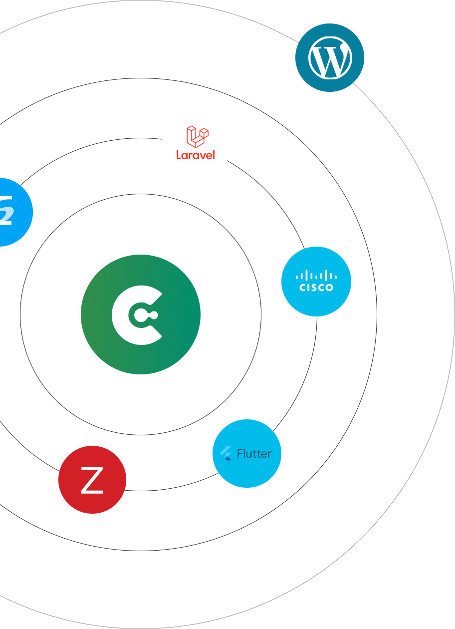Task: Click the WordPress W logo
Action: point(330,58)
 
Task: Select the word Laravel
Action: point(196,155)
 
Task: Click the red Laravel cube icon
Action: point(197,136)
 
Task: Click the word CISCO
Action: point(316,287)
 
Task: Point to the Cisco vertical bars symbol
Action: point(316,275)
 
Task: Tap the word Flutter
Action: point(254,454)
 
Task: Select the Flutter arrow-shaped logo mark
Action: point(226,453)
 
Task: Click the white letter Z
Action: point(92,480)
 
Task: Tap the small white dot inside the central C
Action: point(154,315)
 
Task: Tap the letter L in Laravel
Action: point(179,155)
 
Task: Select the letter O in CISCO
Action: point(329,287)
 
